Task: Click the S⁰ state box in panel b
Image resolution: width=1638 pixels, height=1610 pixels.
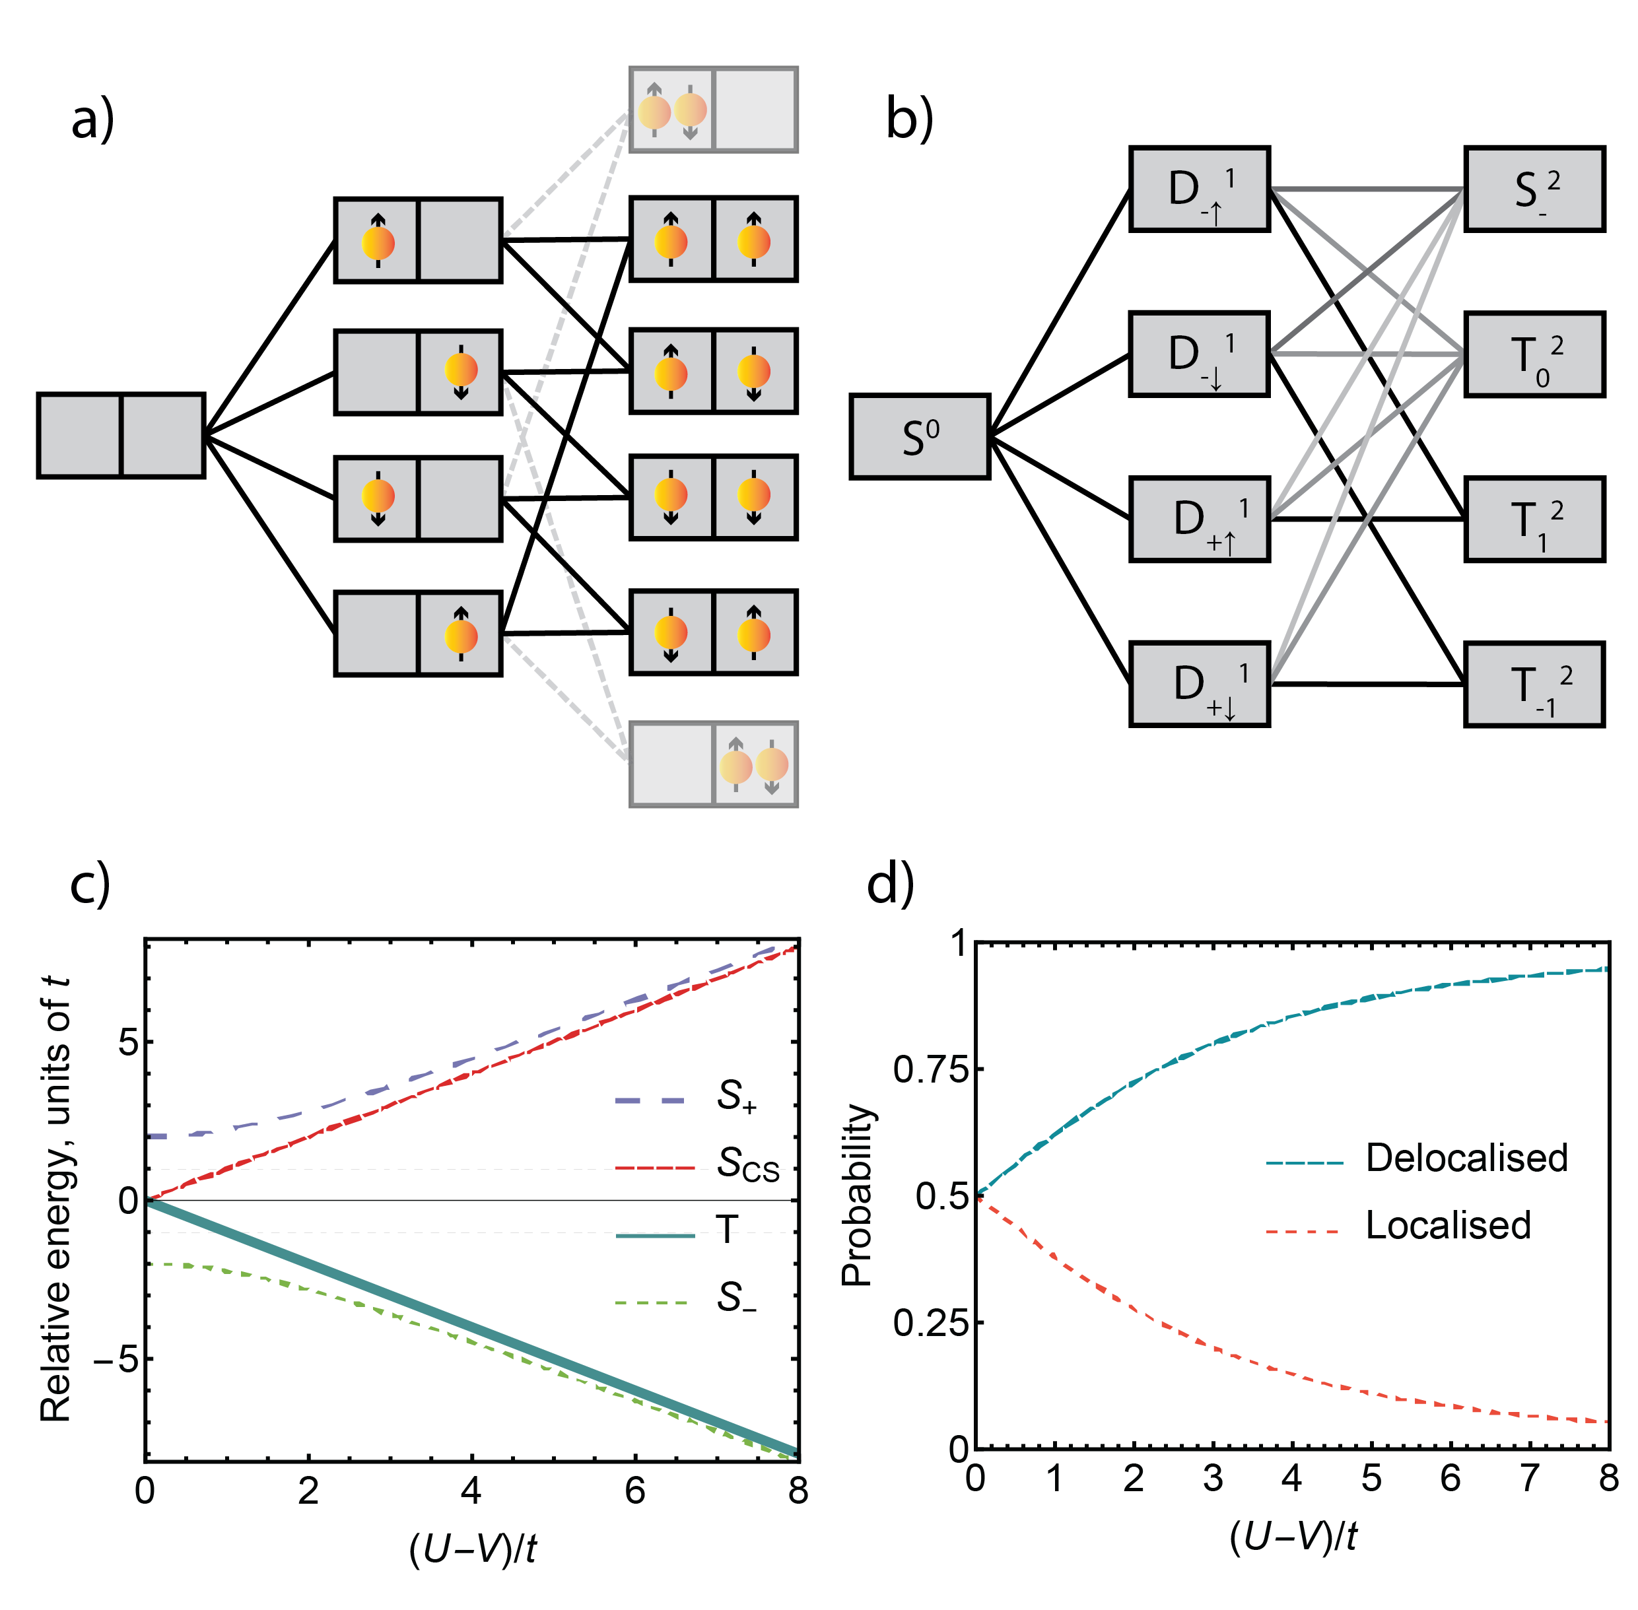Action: click(919, 436)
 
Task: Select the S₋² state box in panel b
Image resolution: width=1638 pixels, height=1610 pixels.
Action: click(1533, 189)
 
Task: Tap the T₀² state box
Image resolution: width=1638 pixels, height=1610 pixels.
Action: click(1533, 353)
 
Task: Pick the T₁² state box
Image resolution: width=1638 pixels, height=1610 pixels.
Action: click(1533, 518)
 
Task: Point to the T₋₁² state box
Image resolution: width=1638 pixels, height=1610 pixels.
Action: click(1533, 683)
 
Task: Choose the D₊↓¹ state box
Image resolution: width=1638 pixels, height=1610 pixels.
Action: click(1199, 683)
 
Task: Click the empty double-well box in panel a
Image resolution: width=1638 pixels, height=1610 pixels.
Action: click(121, 434)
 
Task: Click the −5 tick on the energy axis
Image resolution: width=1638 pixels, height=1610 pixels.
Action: click(116, 1360)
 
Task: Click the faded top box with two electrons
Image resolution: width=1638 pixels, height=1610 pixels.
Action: click(713, 110)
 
